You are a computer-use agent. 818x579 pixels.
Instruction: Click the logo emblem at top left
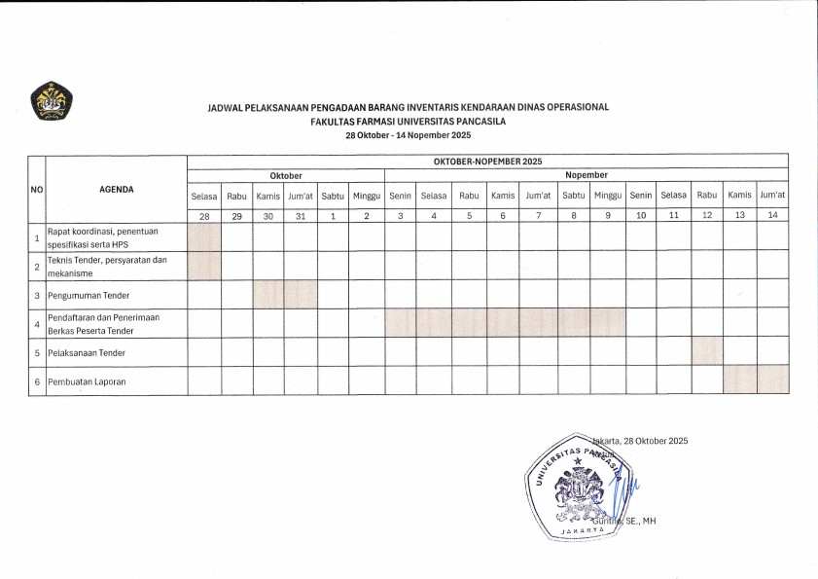coord(52,101)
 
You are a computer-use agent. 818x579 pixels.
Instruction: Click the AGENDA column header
coord(117,190)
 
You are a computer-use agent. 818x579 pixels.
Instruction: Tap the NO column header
coord(37,190)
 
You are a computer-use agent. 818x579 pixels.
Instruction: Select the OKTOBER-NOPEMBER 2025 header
coord(487,161)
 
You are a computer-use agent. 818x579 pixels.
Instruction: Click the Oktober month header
coord(285,175)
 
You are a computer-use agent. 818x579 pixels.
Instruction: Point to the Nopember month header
coord(587,175)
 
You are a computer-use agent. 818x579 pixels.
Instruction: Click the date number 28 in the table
coord(204,215)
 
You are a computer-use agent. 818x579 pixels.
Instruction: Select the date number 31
coord(301,215)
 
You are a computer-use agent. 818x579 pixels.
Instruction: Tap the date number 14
coord(773,215)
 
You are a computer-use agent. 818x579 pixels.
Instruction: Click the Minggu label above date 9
coord(608,196)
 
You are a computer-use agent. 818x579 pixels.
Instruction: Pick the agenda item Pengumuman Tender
coord(89,295)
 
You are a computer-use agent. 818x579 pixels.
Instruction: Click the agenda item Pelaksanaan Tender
coord(90,352)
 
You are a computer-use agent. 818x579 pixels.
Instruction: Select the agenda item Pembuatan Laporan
coord(87,381)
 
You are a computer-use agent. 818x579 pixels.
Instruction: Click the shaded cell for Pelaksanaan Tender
coord(707,352)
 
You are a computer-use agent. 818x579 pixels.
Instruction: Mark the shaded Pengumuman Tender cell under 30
coord(268,295)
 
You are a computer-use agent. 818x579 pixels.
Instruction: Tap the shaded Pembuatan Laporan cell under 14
coord(773,380)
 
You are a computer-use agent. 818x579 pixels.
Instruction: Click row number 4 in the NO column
coord(37,323)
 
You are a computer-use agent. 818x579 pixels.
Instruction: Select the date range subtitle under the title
coord(409,135)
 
